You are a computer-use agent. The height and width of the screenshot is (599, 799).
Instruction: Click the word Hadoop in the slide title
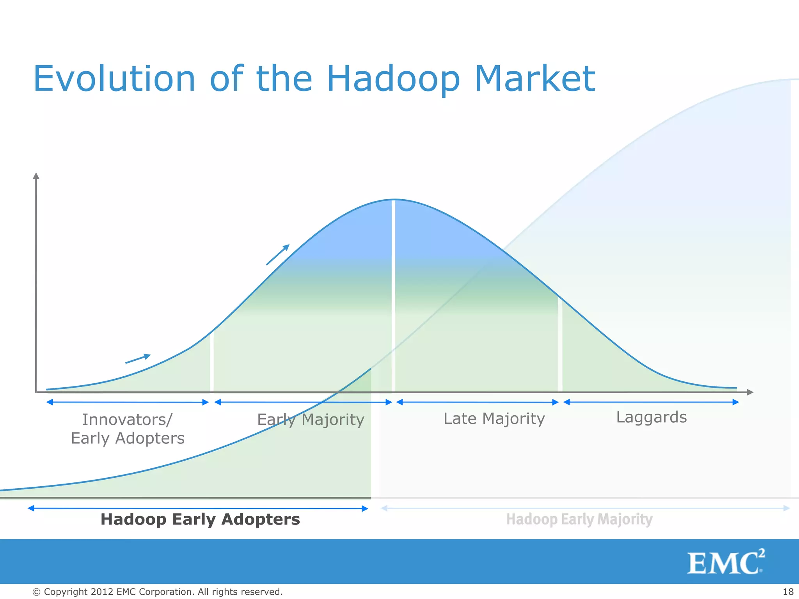[393, 79]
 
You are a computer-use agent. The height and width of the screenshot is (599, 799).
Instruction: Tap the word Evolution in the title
[114, 79]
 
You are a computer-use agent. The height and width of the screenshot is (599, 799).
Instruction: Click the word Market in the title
[534, 79]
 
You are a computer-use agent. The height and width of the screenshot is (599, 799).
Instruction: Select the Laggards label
[651, 417]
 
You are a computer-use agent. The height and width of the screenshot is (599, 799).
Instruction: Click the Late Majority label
[494, 419]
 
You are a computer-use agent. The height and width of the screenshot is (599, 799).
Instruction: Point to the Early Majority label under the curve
[311, 420]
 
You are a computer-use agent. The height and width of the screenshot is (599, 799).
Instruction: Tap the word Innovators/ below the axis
[127, 420]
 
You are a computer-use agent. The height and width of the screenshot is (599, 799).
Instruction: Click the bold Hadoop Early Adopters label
[200, 519]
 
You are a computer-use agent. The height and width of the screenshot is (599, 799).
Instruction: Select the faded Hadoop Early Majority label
[579, 519]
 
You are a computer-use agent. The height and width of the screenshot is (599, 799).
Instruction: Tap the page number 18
[788, 592]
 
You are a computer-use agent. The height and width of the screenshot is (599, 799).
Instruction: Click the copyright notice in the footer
[157, 592]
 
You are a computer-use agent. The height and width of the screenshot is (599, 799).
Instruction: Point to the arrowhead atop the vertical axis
[36, 176]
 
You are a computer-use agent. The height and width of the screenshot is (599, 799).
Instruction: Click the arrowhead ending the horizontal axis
[749, 392]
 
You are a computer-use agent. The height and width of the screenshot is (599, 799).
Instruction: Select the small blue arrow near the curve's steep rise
[278, 255]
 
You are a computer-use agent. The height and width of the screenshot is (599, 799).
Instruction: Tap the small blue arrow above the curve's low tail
[138, 358]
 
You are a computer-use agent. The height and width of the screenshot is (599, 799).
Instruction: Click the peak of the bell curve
[394, 200]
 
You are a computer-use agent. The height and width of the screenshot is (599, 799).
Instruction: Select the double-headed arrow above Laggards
[651, 402]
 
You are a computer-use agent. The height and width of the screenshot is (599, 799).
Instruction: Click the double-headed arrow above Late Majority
[478, 402]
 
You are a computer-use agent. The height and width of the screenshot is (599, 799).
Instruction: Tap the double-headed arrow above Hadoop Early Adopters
[198, 508]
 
